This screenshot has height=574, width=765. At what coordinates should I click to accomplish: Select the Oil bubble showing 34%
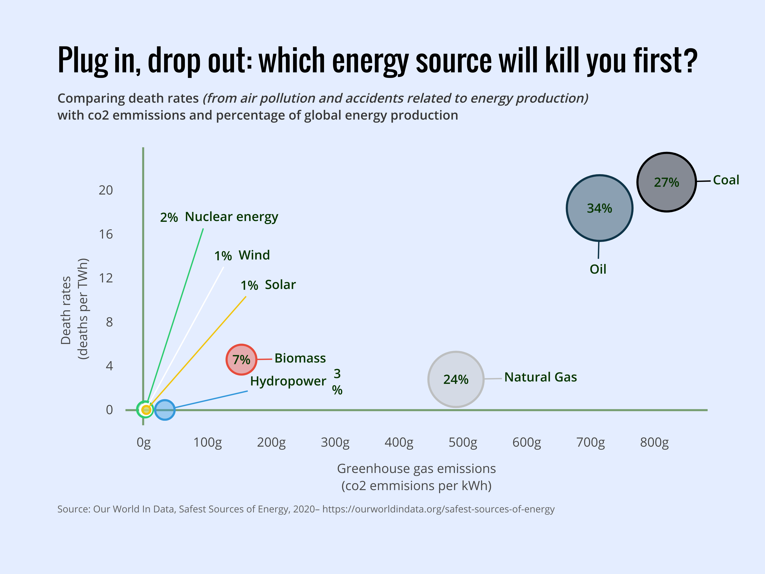pyautogui.click(x=599, y=208)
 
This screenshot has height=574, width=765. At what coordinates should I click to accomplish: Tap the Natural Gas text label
pyautogui.click(x=540, y=377)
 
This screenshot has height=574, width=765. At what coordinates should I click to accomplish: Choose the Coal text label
pyautogui.click(x=726, y=180)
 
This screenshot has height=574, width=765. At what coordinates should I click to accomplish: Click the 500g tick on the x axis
pyautogui.click(x=463, y=442)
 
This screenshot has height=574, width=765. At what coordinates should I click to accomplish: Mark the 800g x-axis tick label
pyautogui.click(x=654, y=442)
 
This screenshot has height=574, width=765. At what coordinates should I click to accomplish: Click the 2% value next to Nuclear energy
pyautogui.click(x=169, y=217)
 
